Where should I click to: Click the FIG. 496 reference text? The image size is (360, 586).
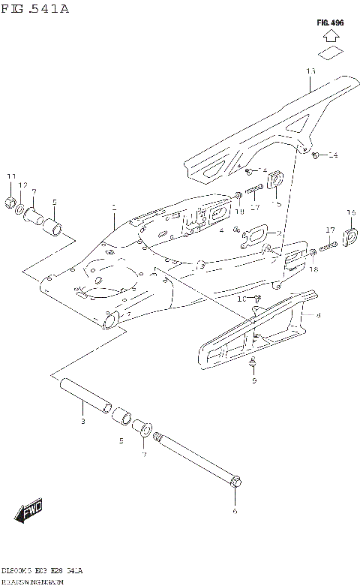pyautogui.click(x=330, y=23)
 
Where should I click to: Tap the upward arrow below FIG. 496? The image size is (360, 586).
pyautogui.click(x=329, y=49)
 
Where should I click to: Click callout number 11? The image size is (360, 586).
pyautogui.click(x=10, y=176)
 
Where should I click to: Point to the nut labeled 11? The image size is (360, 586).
pyautogui.click(x=11, y=201)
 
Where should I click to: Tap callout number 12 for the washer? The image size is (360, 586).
pyautogui.click(x=22, y=185)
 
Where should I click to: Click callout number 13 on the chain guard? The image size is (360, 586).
pyautogui.click(x=310, y=71)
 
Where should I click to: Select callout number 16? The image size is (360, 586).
pyautogui.click(x=350, y=213)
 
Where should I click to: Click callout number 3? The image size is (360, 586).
pyautogui.click(x=83, y=422)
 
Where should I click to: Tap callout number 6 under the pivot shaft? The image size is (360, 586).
pyautogui.click(x=235, y=510)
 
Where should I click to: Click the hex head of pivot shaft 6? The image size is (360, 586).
pyautogui.click(x=235, y=480)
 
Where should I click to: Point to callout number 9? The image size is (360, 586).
pyautogui.click(x=253, y=380)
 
